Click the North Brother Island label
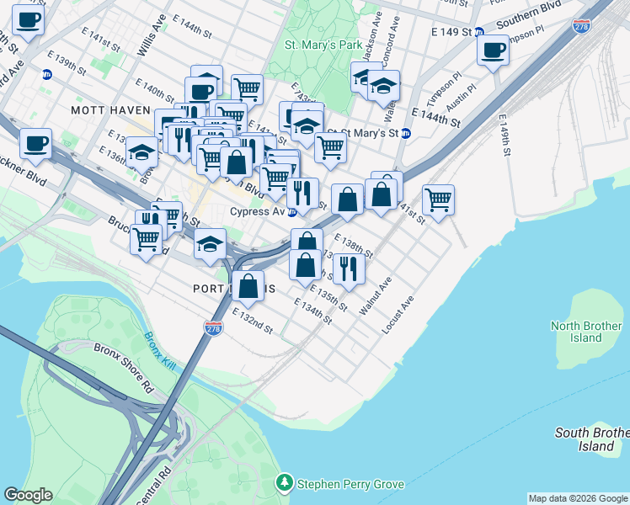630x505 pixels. coord(586,332)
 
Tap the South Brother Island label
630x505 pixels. coord(592,439)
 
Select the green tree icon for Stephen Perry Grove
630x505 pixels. coord(285,483)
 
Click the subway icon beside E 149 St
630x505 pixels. coord(478,32)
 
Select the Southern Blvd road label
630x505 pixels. coord(529,18)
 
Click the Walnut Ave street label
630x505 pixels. coord(376,296)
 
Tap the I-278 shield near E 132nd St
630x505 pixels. coord(214,327)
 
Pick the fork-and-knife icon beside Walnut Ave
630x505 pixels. coord(347,268)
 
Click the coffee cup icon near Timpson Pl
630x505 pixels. coord(493,50)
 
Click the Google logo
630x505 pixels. coord(28,495)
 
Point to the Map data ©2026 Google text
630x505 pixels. coord(577,498)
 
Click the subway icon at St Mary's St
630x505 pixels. coord(405,133)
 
